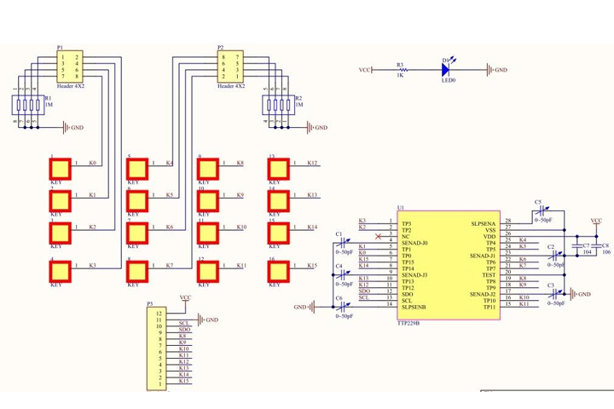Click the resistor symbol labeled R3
pyautogui.click(x=400, y=69)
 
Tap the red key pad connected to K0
pyautogui.click(x=59, y=168)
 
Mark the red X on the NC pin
pyautogui.click(x=379, y=236)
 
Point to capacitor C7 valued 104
pyautogui.click(x=576, y=248)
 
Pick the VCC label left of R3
pyautogui.click(x=364, y=70)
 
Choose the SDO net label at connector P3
pyautogui.click(x=184, y=330)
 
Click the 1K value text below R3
pyautogui.click(x=399, y=78)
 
